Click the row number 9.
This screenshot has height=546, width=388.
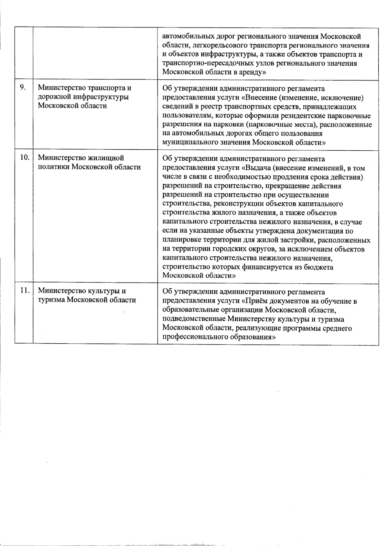pos(23,88)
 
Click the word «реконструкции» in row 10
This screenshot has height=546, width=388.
pos(218,204)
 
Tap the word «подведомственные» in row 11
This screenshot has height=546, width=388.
pos(194,319)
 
